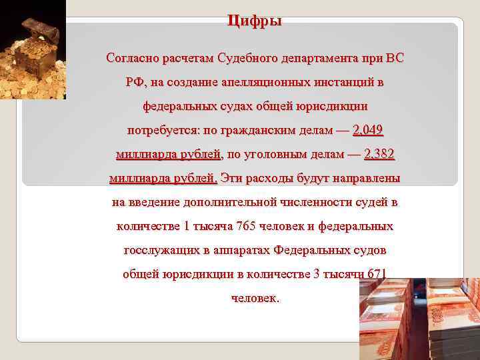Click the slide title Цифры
(255, 21)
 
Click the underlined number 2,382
(379, 155)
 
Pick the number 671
(376, 274)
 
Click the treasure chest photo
(33, 50)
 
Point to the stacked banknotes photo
(419, 319)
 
